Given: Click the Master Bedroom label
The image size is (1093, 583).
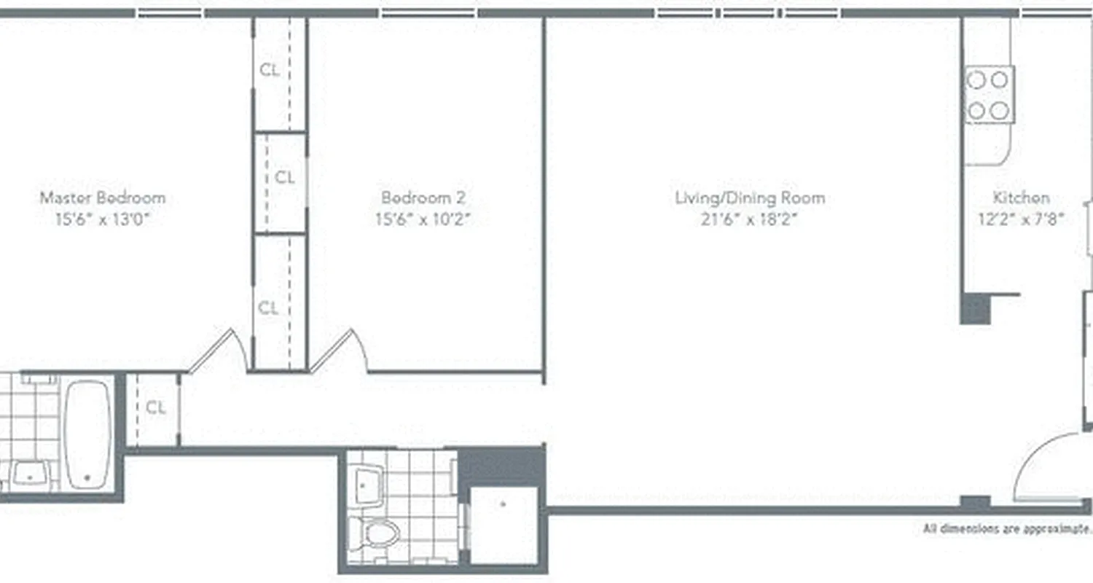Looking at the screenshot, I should pos(102,197).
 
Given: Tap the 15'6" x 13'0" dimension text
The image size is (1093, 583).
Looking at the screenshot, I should pos(102,219).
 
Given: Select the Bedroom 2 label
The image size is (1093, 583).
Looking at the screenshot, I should pos(423,197).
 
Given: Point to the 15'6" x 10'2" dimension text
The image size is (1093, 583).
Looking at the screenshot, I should pos(423,219).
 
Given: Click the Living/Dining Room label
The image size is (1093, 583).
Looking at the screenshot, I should pos(750,197).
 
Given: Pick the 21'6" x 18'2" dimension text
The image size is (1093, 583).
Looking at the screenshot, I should pos(750,219).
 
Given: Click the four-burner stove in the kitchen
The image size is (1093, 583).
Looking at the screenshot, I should pos(990,94).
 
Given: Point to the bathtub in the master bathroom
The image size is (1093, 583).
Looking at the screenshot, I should pos(87,434).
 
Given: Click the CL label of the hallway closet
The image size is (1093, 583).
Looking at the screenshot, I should pos(156,408).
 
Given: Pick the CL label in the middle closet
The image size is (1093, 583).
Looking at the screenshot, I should pos(285,177).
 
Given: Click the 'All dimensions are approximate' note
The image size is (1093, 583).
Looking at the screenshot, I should pos(1006,528).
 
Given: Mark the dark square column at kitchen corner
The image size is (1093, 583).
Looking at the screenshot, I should pos(975,309).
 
